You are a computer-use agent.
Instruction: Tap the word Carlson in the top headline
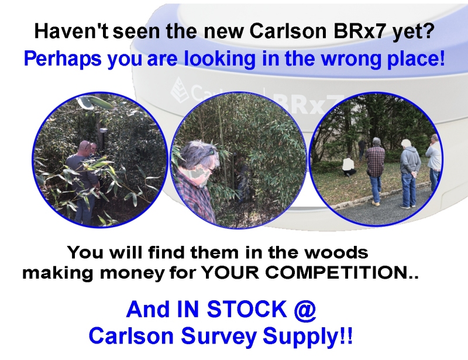288,30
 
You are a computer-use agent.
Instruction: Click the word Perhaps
63,59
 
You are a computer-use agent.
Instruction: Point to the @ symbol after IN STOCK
304,310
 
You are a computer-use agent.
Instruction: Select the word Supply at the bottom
300,337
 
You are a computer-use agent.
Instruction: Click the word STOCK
247,309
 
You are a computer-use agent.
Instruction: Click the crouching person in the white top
349,167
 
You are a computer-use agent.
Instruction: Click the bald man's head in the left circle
85,148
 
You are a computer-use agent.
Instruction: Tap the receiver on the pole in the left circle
103,131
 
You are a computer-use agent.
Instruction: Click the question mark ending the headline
428,30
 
